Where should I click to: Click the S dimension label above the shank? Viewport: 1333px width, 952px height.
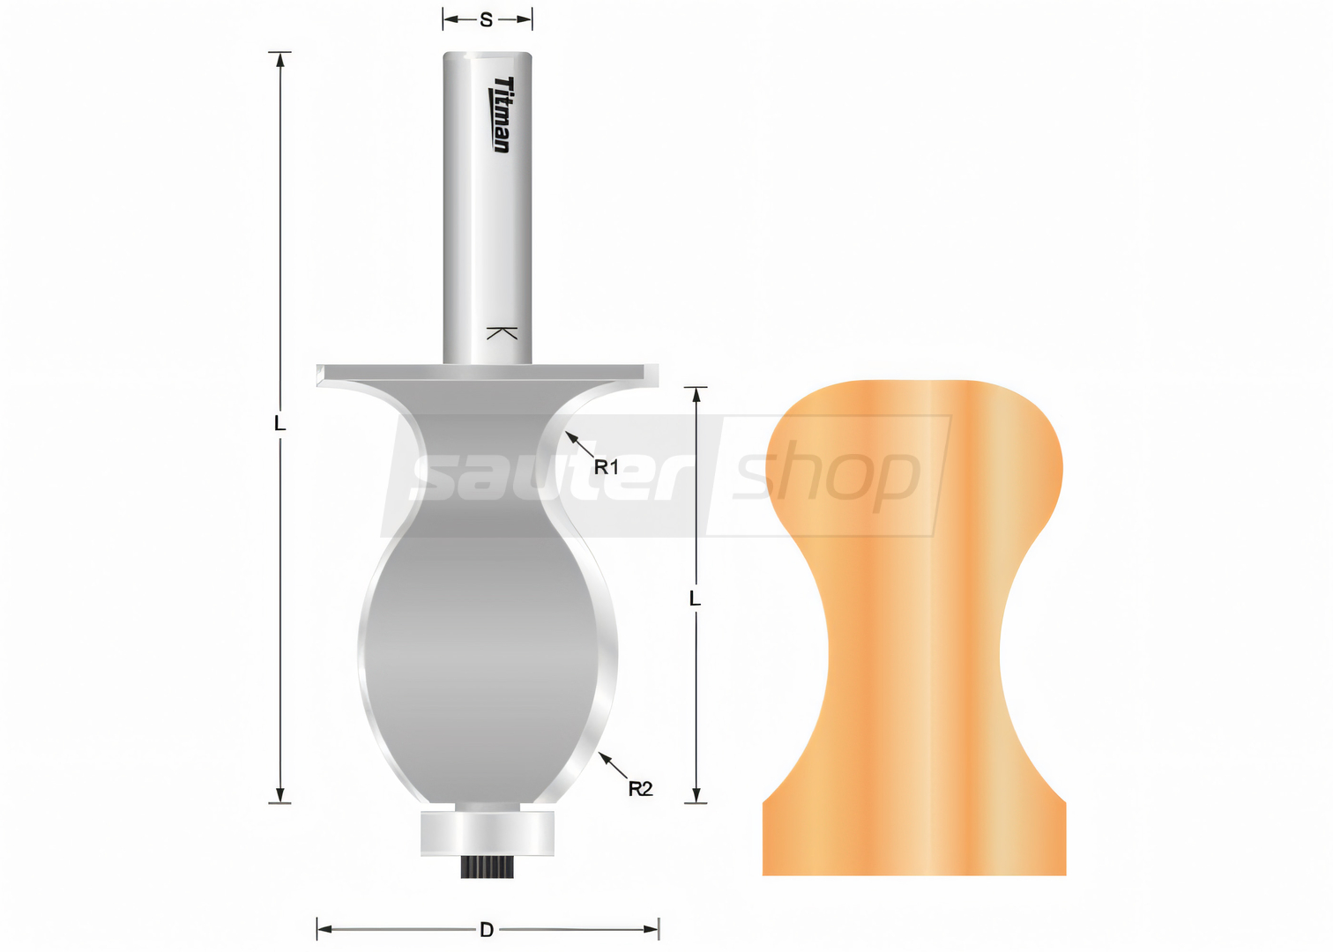coord(486,19)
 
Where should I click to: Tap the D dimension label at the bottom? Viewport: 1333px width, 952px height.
coord(487,929)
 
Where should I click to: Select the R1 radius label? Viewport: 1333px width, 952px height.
coord(607,468)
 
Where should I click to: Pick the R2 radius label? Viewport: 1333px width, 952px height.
coord(640,789)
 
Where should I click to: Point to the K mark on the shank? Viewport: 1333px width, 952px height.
coord(502,333)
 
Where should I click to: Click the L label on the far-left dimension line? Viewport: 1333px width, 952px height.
coord(279,424)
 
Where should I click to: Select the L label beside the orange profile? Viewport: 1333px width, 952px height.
coord(695,599)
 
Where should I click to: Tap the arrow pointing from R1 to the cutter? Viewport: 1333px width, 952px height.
coord(579,445)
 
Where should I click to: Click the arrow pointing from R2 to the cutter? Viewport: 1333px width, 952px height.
coord(614,766)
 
